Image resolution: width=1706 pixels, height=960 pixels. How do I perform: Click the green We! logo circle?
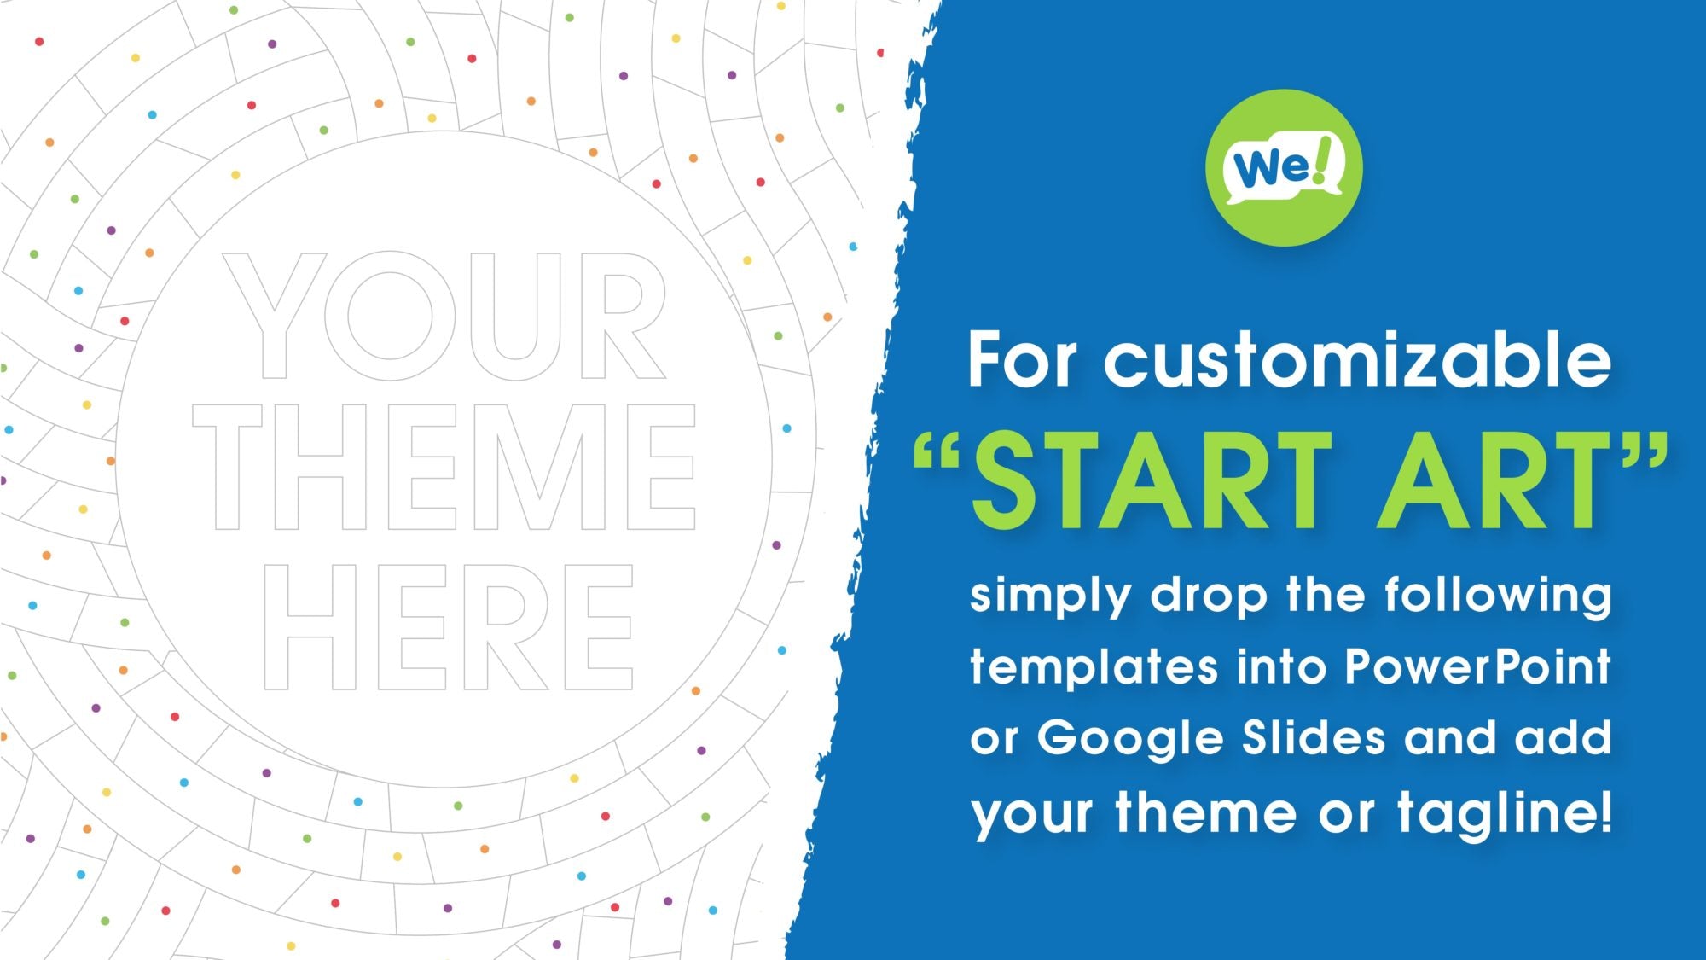point(1284,168)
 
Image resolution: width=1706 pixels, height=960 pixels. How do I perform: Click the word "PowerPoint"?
point(1478,666)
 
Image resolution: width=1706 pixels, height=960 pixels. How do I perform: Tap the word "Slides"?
point(1314,737)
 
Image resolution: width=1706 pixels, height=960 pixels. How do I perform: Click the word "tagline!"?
point(1504,813)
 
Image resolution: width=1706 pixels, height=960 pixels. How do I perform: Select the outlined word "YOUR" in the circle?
point(445,317)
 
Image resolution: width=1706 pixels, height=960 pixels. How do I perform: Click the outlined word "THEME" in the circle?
point(444,467)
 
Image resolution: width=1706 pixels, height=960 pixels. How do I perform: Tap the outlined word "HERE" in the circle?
point(448,627)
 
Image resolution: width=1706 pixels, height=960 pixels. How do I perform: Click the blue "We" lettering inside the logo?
point(1270,168)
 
